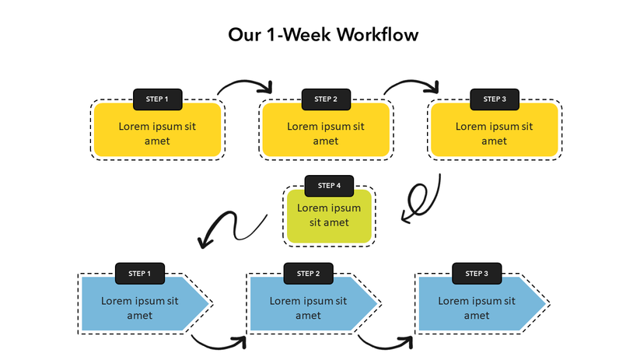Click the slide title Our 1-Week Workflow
coord(323,35)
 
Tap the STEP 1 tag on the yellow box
coord(157,99)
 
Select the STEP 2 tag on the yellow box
coord(326,99)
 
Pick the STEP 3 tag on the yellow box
coord(495,99)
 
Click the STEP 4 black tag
coord(329,186)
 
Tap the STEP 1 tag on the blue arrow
coord(140,273)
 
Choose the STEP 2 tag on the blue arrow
coord(308,273)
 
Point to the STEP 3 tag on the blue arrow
coord(477,273)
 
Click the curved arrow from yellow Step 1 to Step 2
coord(244,83)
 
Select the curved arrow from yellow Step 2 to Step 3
coord(412,83)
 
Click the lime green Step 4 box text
coord(329,215)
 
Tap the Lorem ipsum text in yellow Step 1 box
coord(157,133)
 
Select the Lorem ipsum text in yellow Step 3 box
coord(495,133)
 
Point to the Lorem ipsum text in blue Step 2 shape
coord(308,308)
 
